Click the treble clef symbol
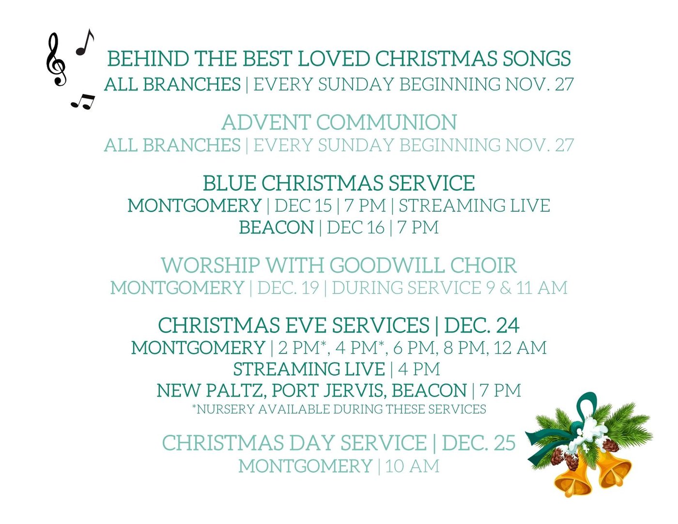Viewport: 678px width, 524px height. [56, 59]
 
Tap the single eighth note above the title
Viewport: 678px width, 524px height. [85, 43]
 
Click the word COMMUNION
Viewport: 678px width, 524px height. [387, 122]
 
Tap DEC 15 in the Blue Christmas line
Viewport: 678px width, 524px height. [303, 205]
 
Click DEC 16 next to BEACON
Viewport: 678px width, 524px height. [355, 227]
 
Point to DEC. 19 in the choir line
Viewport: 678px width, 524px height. [288, 288]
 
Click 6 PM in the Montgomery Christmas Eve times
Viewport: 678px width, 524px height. [415, 347]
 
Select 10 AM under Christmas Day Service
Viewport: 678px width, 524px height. [413, 466]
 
